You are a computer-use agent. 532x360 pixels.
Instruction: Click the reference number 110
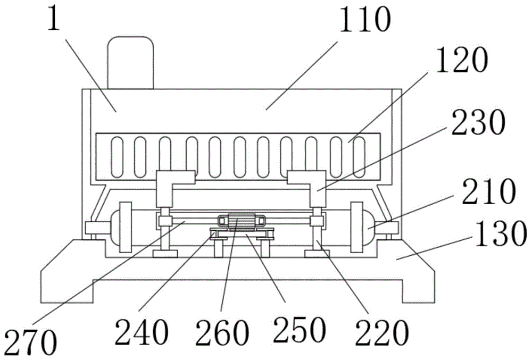click(365, 19)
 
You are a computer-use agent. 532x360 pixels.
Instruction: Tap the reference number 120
click(461, 60)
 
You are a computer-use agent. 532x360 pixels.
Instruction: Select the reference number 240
click(142, 331)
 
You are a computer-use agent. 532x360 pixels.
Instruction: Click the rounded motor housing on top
click(130, 63)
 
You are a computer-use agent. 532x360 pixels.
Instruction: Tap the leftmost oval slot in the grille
click(116, 157)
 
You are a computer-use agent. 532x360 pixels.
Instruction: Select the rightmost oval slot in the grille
click(359, 157)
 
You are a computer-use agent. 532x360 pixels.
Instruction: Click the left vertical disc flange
click(125, 227)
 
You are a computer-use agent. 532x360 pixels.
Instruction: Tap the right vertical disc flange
click(356, 227)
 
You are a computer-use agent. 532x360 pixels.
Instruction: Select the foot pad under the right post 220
click(317, 253)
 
